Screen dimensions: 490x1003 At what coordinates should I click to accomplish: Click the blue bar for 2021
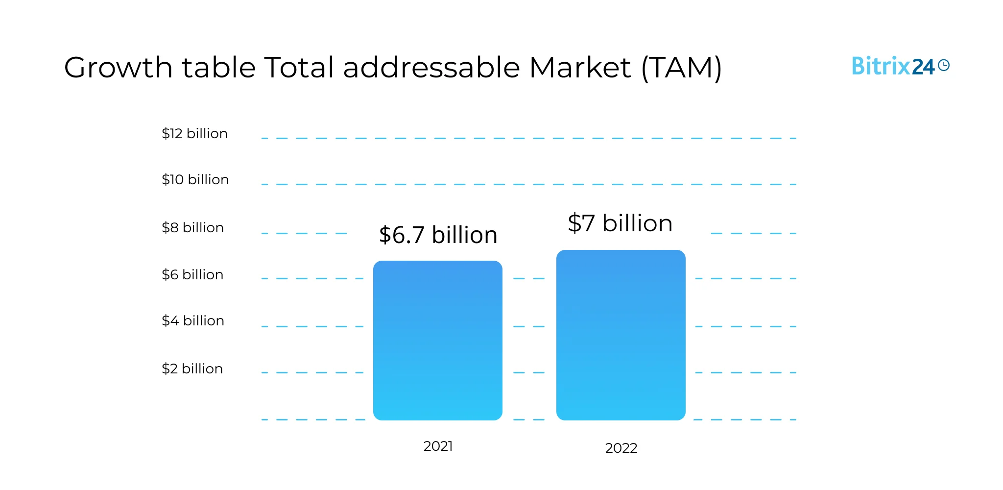(x=437, y=341)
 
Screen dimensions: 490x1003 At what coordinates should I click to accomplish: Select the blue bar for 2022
(x=621, y=335)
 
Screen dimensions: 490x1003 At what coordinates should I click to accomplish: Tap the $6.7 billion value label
(x=438, y=235)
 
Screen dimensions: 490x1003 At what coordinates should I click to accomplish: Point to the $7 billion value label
(x=620, y=223)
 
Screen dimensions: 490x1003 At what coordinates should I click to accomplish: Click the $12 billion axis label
(x=194, y=134)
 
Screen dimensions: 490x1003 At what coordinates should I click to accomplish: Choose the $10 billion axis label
(x=195, y=180)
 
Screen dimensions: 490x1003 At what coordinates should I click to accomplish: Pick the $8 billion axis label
(x=192, y=228)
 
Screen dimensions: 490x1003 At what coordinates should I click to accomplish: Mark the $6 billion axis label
(x=192, y=275)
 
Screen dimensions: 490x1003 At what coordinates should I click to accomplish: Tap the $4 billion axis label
(x=193, y=321)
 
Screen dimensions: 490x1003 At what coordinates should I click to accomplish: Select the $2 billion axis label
(x=192, y=369)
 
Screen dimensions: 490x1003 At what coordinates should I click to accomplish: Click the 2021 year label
(x=438, y=446)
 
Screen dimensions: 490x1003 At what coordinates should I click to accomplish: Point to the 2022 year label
(x=621, y=448)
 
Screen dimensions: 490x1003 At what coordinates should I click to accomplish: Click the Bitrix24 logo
(x=900, y=66)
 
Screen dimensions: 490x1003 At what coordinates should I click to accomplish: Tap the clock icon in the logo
(x=944, y=65)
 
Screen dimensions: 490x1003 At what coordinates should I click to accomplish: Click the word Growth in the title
(x=118, y=68)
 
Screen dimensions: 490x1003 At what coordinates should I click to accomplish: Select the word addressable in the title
(x=431, y=68)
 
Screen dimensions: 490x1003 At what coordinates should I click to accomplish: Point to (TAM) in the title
(x=681, y=68)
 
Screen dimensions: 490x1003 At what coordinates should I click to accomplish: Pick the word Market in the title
(x=580, y=68)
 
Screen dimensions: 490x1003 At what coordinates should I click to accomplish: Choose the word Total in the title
(x=299, y=68)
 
